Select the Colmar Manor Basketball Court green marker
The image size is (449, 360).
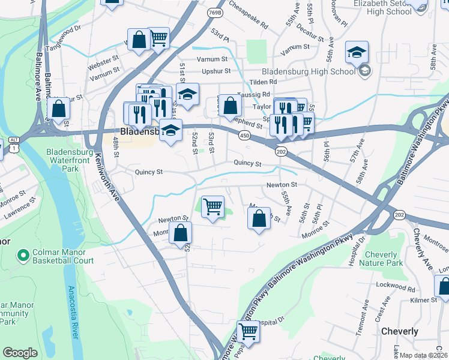(23, 257)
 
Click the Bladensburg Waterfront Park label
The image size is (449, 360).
(71, 160)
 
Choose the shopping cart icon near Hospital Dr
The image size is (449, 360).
(247, 331)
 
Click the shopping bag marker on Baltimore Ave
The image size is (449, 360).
(59, 109)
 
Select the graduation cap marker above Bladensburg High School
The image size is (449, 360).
(357, 52)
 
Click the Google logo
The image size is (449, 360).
(20, 353)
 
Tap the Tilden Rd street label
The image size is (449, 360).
(264, 82)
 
